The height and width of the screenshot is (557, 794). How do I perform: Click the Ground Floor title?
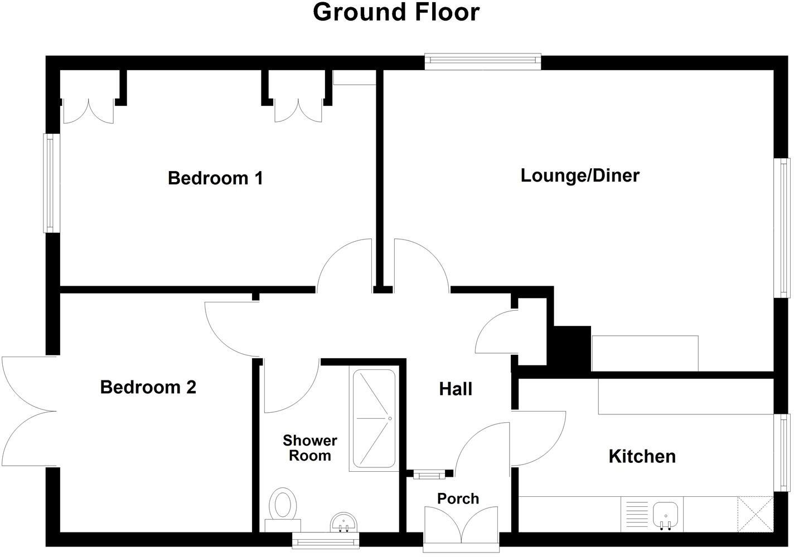click(396, 12)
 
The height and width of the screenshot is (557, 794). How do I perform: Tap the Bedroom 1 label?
click(215, 178)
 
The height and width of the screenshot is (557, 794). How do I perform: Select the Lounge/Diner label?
click(580, 175)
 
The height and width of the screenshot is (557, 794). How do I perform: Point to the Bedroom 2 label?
click(148, 387)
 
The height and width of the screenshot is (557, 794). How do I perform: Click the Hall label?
click(456, 389)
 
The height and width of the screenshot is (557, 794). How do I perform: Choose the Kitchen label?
click(642, 456)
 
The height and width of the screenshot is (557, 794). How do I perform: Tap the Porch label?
click(458, 499)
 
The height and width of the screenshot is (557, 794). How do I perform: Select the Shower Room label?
click(310, 448)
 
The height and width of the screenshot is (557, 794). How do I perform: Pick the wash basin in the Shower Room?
click(343, 522)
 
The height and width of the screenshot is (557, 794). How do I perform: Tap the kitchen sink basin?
click(666, 513)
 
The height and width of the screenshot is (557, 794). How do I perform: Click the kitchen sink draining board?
click(636, 513)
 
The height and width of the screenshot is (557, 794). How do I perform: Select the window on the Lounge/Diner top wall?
click(482, 61)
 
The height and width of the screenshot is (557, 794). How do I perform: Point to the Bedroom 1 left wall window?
click(52, 183)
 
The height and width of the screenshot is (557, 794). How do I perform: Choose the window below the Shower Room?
click(326, 539)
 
